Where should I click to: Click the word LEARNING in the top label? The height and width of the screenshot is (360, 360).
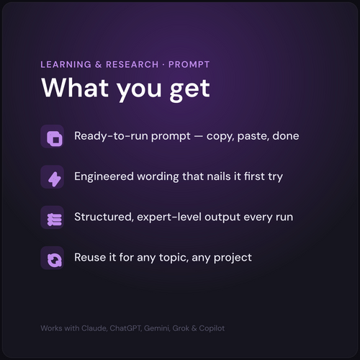pyautogui.click(x=66, y=65)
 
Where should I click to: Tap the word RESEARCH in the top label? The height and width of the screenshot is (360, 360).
pyautogui.click(x=132, y=65)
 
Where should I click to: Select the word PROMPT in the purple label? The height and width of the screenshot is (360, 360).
pyautogui.click(x=189, y=65)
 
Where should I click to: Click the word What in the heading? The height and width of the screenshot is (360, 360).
pyautogui.click(x=75, y=88)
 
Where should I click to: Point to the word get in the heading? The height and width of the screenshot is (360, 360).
pyautogui.click(x=190, y=91)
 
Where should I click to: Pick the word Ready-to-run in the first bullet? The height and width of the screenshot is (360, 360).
pyautogui.click(x=111, y=136)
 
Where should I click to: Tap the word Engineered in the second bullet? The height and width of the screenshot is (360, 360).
pyautogui.click(x=104, y=177)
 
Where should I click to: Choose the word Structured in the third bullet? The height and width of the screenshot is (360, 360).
pyautogui.click(x=104, y=217)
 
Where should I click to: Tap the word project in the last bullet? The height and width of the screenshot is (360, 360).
pyautogui.click(x=233, y=258)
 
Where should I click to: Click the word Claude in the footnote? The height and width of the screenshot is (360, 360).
pyautogui.click(x=94, y=328)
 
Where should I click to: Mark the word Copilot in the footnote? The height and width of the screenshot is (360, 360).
pyautogui.click(x=212, y=328)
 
